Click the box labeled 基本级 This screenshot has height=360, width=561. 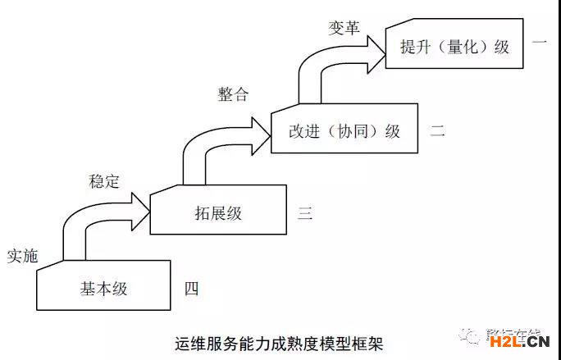105,288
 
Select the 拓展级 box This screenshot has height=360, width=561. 218,214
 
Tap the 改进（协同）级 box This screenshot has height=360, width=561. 344,131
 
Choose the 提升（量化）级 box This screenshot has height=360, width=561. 454,47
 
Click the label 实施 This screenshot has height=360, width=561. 22,255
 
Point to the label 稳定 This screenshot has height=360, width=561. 104,180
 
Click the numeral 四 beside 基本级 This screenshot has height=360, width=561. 191,288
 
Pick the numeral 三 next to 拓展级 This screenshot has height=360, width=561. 305,214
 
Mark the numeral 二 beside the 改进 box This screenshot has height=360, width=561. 437,130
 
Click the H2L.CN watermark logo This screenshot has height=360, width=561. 520,340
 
